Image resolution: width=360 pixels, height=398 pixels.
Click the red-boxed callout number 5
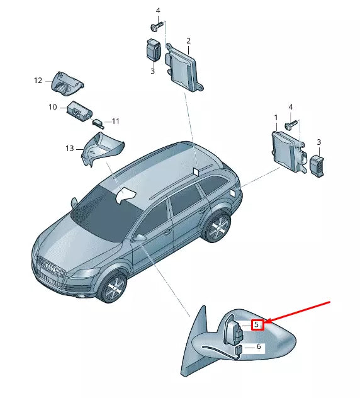256,324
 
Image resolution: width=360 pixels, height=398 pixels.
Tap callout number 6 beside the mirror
259,346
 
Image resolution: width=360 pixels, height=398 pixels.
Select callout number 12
38,81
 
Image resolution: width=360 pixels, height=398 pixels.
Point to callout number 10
53,107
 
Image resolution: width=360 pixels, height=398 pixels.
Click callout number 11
115,122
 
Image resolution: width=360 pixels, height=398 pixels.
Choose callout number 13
70,148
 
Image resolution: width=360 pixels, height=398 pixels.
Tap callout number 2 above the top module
188,40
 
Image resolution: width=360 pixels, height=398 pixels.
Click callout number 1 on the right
276,118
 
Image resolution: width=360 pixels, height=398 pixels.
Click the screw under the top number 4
155,26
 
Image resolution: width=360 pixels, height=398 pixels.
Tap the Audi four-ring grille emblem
51,268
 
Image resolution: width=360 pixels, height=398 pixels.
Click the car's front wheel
115,288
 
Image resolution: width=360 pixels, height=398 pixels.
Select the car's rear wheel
218,227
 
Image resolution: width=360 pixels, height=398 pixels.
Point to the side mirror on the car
140,237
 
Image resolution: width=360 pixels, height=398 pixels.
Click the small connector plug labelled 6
239,351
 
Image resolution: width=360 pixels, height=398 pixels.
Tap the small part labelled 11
98,123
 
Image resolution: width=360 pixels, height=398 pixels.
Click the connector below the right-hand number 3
317,166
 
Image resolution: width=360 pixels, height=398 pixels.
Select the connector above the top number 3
154,50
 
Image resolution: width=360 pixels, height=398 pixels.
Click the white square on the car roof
197,171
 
